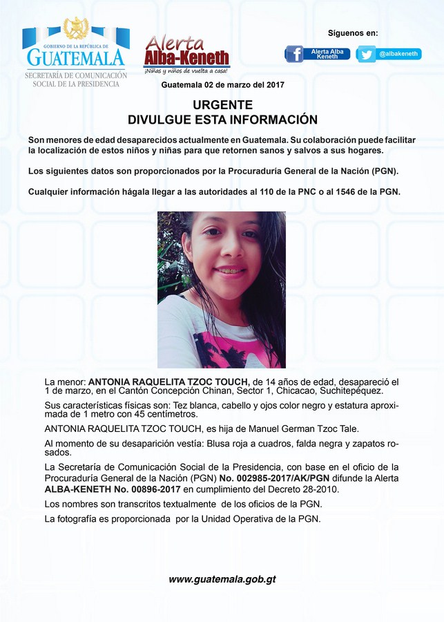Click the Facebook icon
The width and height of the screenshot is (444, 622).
coord(294,54)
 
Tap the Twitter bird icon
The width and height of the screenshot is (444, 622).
coord(367,54)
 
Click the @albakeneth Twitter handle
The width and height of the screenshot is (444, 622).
coord(400,54)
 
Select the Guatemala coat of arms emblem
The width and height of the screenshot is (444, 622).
coord(76,28)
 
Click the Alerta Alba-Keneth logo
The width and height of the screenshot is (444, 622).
coord(186,51)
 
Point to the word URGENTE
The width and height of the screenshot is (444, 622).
coord(222,105)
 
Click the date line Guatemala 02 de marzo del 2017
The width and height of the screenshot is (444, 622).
coord(222,84)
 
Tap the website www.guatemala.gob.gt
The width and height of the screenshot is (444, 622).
coord(222,579)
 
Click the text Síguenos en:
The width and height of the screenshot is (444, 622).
coord(353,33)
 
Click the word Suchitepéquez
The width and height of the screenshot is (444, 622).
coord(352,391)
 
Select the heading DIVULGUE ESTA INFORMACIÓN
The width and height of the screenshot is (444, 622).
coord(222,120)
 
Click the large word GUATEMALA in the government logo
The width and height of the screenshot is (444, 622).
coord(76,57)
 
